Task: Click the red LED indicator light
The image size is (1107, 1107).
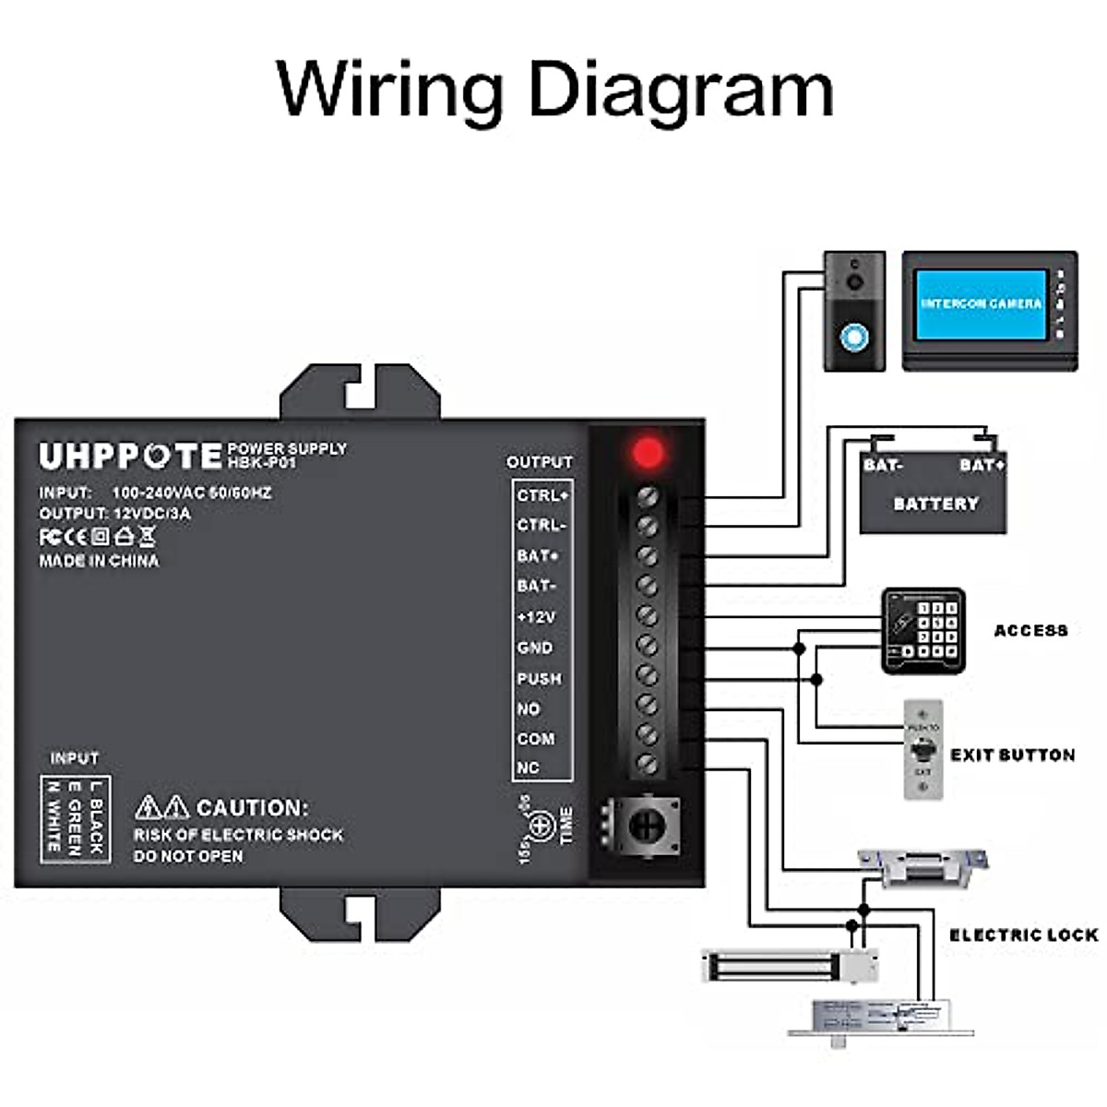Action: (x=648, y=453)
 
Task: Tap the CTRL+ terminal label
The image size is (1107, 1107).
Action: (x=542, y=495)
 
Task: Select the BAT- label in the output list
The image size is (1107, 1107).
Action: (x=536, y=586)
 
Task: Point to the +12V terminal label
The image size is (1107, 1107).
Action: (x=536, y=617)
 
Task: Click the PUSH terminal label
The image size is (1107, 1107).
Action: (x=539, y=678)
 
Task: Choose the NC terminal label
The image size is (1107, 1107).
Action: (x=528, y=768)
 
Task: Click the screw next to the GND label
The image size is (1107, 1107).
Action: (x=647, y=645)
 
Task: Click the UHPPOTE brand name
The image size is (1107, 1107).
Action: (x=130, y=456)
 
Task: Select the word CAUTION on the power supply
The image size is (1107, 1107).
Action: (x=252, y=807)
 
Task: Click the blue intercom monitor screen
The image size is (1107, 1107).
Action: (x=981, y=304)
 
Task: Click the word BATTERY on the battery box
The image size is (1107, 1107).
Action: (x=934, y=504)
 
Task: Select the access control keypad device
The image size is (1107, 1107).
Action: (x=923, y=630)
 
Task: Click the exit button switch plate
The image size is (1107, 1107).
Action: (x=922, y=750)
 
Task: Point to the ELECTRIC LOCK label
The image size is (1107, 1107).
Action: (x=1023, y=934)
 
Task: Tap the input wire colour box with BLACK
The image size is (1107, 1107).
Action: (x=76, y=819)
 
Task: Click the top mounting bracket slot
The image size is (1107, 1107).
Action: (x=360, y=393)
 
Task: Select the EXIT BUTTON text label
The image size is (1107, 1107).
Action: (x=1012, y=755)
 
